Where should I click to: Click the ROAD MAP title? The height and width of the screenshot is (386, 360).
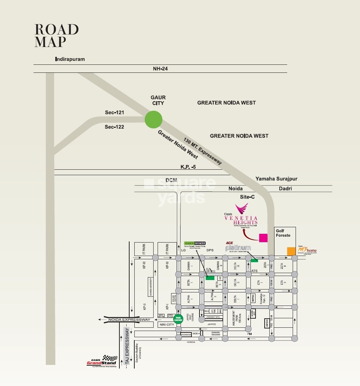(56, 36)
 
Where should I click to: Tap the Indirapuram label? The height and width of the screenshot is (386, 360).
(70, 59)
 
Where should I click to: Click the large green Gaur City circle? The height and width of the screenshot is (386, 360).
(153, 119)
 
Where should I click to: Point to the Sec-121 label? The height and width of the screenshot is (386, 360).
(114, 113)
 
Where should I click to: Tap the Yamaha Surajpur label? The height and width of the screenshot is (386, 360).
(276, 179)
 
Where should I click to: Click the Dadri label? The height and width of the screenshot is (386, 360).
(285, 189)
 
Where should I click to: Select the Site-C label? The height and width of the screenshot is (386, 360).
(247, 197)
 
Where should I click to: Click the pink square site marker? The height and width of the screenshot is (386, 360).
(263, 238)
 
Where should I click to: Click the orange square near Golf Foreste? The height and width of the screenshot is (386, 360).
(291, 251)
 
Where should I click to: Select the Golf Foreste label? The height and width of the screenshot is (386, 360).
(283, 233)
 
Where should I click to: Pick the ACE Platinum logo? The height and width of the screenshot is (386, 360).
(238, 247)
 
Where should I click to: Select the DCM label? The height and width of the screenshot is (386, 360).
(171, 180)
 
